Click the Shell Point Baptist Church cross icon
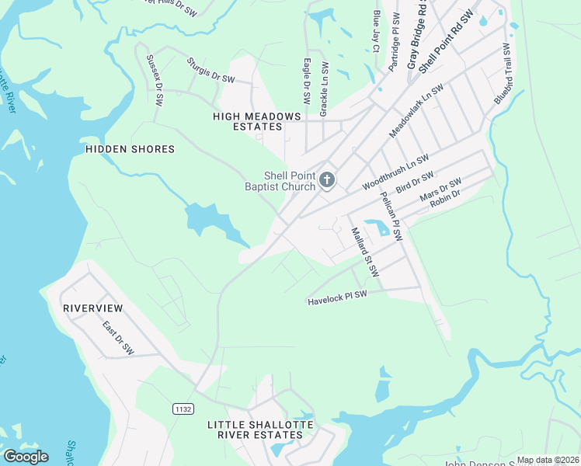tap(327, 181)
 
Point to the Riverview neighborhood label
tap(93, 308)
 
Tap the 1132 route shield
tap(182, 407)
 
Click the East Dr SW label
tap(118, 338)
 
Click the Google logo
tap(25, 457)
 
